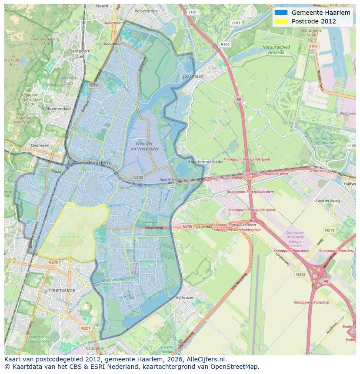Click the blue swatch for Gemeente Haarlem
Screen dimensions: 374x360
click(281, 13)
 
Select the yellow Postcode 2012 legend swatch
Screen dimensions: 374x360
click(281, 21)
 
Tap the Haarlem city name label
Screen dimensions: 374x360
click(99, 162)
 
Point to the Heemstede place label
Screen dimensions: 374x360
click(62, 290)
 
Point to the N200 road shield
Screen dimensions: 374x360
click(138, 177)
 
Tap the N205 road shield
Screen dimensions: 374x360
click(187, 227)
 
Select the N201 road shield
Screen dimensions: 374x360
click(86, 328)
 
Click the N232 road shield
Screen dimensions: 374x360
click(300, 274)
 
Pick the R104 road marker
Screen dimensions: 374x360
click(225, 44)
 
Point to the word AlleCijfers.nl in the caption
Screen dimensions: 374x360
click(204, 359)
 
